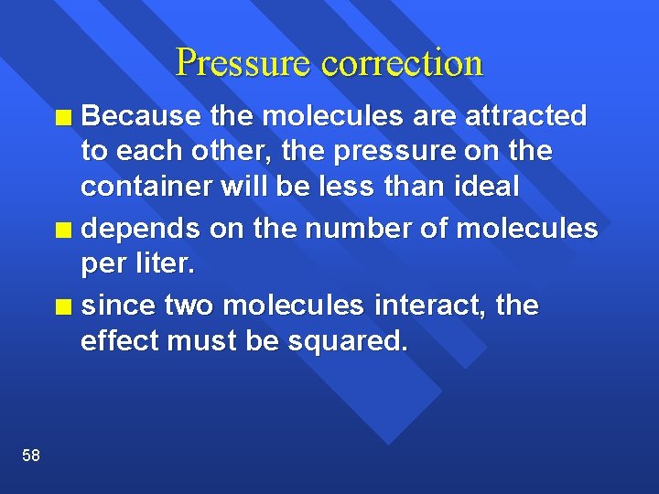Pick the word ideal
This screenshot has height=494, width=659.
[486, 187]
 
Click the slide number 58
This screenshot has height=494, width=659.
[31, 456]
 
